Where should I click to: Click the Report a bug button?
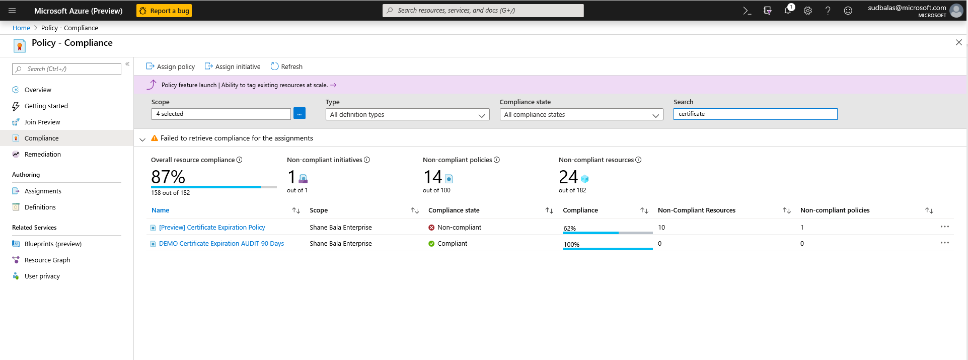tap(164, 11)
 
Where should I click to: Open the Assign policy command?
tap(171, 66)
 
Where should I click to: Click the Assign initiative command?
tap(233, 66)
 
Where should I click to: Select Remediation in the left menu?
tap(43, 155)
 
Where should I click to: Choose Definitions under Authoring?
tap(40, 207)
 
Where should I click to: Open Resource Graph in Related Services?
tap(47, 260)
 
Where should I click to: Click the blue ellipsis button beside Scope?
tap(300, 114)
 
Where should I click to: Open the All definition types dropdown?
tap(407, 115)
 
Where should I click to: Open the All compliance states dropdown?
tap(581, 115)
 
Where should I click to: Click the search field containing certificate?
tap(755, 114)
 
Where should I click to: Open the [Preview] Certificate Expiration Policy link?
tap(212, 228)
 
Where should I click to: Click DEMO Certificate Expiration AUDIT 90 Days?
tap(221, 244)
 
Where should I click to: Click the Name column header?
tap(161, 210)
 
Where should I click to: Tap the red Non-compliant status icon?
tap(431, 228)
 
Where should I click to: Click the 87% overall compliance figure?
tap(168, 177)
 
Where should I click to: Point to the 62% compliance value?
tap(569, 229)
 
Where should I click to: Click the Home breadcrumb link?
tap(21, 28)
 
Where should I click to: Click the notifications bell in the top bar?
tap(788, 11)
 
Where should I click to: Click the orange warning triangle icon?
tap(155, 138)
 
